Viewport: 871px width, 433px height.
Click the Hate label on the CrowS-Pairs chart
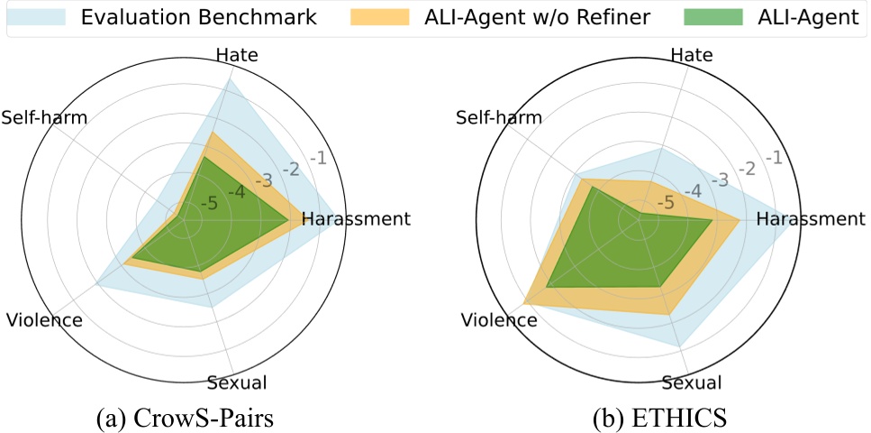pyautogui.click(x=238, y=56)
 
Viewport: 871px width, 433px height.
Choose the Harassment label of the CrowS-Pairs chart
pyautogui.click(x=356, y=218)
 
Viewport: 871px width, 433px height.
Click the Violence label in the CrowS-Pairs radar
pyautogui.click(x=43, y=320)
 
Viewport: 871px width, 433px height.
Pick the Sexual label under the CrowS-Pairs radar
pyautogui.click(x=237, y=382)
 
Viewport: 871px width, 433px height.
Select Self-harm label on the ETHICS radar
pyautogui.click(x=499, y=117)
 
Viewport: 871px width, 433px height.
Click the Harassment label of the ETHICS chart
pyautogui.click(x=811, y=218)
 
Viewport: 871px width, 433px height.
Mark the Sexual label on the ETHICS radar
pyautogui.click(x=692, y=382)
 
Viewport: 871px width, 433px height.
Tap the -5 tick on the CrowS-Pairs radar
pyautogui.click(x=209, y=203)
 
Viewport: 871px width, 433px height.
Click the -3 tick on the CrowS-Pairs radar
pyautogui.click(x=262, y=180)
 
